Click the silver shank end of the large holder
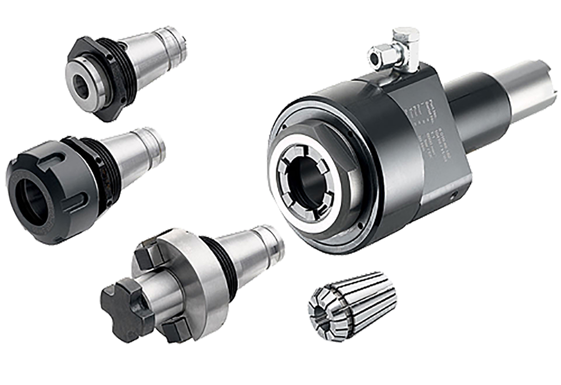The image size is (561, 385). (522, 91)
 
